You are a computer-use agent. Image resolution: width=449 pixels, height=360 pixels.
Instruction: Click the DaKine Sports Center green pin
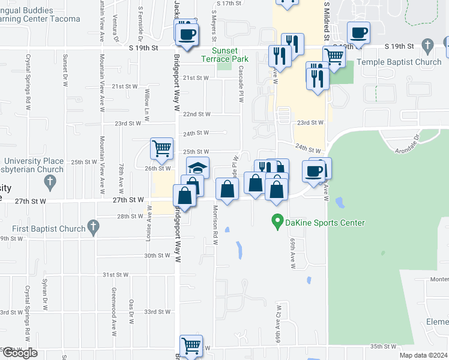point(277,221)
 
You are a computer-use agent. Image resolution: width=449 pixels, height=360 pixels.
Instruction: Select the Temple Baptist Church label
point(399,62)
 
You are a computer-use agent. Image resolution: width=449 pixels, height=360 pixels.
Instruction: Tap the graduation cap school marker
point(197,168)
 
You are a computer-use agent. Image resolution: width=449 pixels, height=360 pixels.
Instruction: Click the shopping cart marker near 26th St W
point(161,148)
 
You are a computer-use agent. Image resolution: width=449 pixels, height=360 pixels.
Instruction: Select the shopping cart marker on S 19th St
point(334,57)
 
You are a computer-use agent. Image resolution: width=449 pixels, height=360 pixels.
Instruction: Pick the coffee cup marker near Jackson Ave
point(187,34)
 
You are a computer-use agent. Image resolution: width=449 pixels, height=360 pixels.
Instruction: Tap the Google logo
point(20,353)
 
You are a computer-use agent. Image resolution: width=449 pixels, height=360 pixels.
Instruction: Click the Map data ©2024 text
point(424,355)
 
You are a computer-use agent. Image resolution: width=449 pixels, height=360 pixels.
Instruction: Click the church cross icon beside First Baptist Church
point(92,227)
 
